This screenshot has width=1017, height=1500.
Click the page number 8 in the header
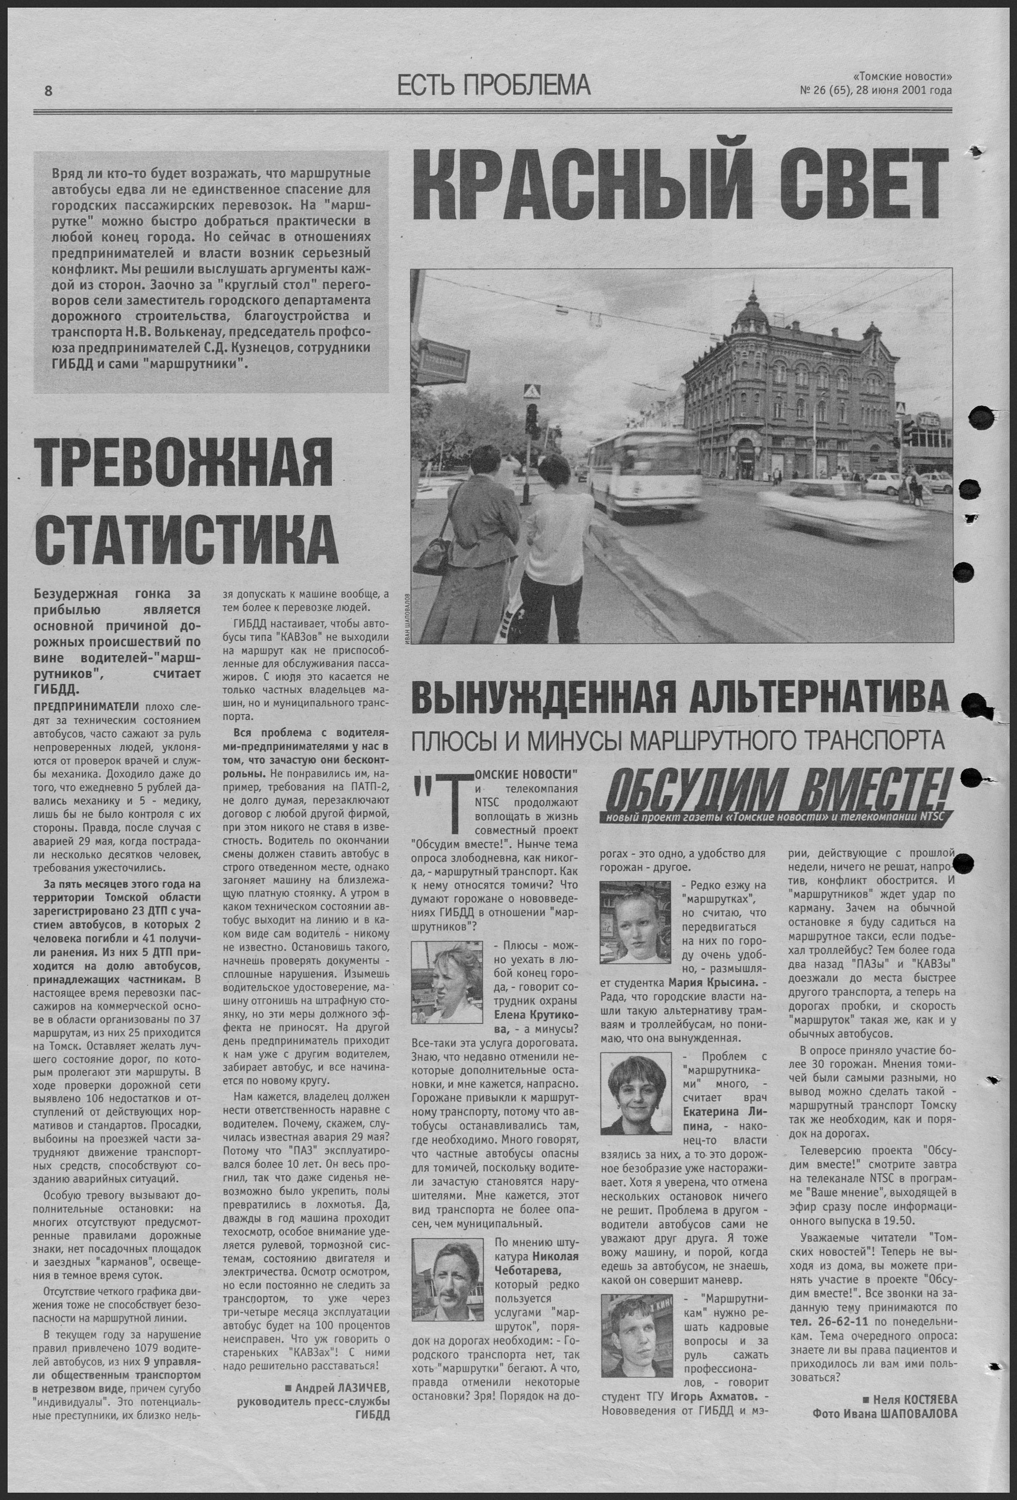[48, 91]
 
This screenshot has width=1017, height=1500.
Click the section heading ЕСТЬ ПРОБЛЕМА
[494, 84]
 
